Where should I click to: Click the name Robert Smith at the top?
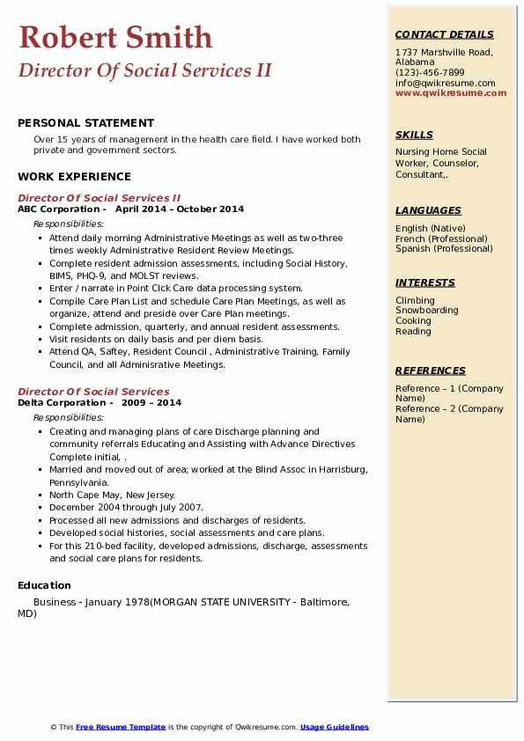coord(115,37)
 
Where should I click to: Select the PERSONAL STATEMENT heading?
coord(85,123)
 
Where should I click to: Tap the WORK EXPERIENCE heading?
coord(74,176)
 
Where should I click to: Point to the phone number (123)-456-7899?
coord(430,72)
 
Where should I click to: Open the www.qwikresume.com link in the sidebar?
coord(451,92)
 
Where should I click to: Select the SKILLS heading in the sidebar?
coord(414,135)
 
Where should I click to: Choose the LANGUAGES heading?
coord(428,210)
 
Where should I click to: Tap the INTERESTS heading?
coord(424,282)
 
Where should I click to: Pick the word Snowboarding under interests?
coord(426,311)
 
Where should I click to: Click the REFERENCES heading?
coord(430,370)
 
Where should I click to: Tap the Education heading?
coord(44,585)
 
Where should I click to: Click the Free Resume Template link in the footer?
coord(121,727)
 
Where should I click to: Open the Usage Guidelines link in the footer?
coord(334,727)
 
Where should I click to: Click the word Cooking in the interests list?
coord(412,321)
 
